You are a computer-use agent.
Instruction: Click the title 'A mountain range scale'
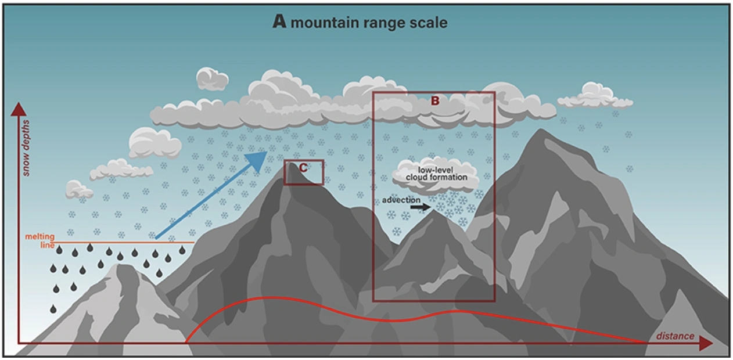pos(360,23)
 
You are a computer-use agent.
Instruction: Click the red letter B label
pos(435,100)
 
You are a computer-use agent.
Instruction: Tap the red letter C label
pos(302,168)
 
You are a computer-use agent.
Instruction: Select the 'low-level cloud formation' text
pos(436,173)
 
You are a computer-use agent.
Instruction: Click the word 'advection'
pos(401,200)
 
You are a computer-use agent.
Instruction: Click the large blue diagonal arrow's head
pos(259,157)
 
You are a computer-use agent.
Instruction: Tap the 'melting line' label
pos(39,241)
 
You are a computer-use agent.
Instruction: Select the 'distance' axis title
pos(675,336)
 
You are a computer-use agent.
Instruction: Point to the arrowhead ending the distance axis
pos(705,344)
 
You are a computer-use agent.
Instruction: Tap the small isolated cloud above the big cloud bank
pos(212,78)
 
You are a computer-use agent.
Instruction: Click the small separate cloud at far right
pos(594,96)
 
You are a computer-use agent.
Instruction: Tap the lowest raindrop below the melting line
pos(53,308)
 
